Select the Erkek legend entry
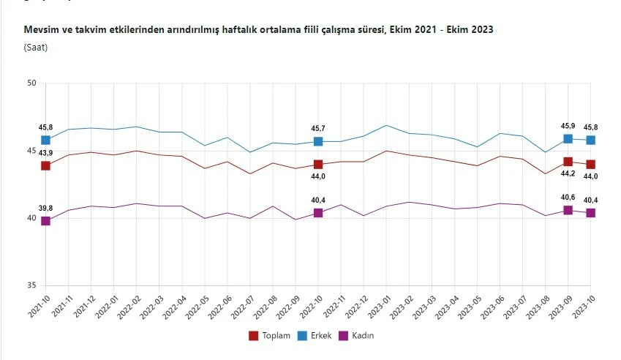pyautogui.click(x=314, y=335)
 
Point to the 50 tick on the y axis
pyautogui.click(x=31, y=83)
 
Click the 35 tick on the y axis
pyautogui.click(x=31, y=286)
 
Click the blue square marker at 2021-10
pyautogui.click(x=45, y=140)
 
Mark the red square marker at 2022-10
pyautogui.click(x=318, y=165)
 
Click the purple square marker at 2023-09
pyautogui.click(x=568, y=210)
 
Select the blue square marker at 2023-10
pyautogui.click(x=590, y=140)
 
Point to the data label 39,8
pyautogui.click(x=45, y=209)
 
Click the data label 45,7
pyautogui.click(x=318, y=129)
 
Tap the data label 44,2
pyautogui.click(x=568, y=174)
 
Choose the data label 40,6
pyautogui.click(x=568, y=197)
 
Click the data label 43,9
pyautogui.click(x=45, y=152)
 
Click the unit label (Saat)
pyautogui.click(x=37, y=48)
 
